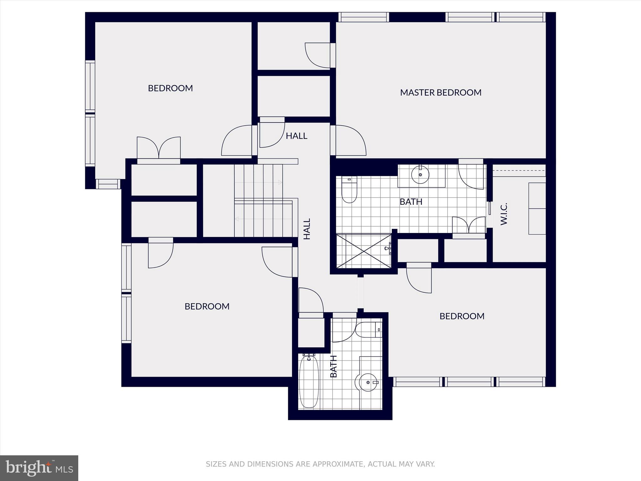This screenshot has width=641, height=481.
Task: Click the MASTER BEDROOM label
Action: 440,92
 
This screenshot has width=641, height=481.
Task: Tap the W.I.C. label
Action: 504,214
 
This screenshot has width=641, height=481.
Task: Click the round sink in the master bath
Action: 420,175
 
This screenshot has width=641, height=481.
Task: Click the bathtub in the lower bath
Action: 309,381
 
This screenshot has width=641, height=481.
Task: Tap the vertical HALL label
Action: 307,229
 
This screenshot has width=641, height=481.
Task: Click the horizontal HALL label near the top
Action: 296,136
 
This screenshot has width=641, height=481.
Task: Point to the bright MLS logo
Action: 39,468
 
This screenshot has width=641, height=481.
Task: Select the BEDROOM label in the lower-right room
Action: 462,316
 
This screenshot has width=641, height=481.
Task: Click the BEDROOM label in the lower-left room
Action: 207,306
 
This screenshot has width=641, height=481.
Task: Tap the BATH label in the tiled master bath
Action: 411,202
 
